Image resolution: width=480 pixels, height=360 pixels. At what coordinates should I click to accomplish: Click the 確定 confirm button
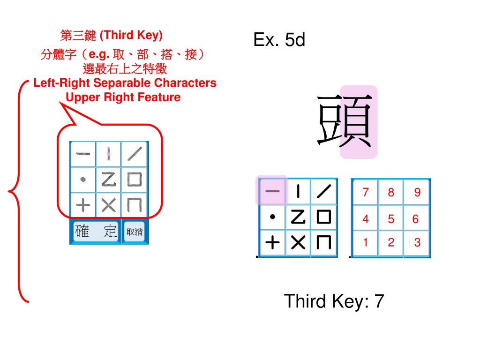(96, 232)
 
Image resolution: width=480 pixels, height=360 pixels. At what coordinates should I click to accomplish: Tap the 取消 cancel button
(135, 232)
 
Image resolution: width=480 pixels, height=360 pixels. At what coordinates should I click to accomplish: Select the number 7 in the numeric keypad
(366, 192)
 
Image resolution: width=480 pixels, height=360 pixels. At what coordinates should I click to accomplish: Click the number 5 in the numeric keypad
(391, 219)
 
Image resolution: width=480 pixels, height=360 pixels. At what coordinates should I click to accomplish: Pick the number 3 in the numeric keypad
(417, 243)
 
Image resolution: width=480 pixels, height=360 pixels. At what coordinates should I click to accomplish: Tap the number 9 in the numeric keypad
(417, 192)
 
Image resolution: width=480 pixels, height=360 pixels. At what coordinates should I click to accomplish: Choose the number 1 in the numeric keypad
(366, 243)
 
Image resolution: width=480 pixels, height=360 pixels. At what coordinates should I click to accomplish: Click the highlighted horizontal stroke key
(272, 191)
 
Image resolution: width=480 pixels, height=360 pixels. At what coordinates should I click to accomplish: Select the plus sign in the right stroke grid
(272, 243)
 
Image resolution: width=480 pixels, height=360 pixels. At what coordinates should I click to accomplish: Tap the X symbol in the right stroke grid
(298, 243)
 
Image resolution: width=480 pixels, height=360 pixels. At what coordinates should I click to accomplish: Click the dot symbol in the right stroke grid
(272, 217)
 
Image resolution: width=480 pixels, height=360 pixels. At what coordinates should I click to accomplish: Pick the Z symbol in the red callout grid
(108, 180)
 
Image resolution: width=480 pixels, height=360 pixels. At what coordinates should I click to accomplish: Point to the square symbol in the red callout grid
(135, 180)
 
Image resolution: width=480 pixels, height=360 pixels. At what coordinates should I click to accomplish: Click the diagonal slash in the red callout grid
(135, 154)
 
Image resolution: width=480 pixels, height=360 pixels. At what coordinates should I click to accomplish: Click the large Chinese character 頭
(345, 120)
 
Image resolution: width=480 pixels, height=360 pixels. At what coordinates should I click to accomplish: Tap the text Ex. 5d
(279, 40)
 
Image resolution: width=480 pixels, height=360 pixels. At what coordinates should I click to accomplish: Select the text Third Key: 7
(333, 301)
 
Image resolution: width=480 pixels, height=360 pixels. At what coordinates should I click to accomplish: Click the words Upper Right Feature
(123, 97)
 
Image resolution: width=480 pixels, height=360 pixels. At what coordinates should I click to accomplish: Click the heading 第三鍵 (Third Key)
(111, 35)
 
